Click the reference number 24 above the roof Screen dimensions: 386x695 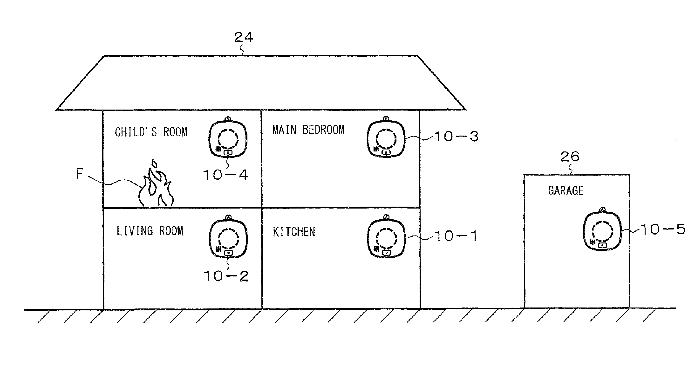243,37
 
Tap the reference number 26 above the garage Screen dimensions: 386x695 570,157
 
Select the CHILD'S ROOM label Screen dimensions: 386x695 151,132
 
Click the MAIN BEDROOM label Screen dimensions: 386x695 308,130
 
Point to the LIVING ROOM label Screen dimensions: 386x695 150,231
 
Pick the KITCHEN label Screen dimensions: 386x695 294,232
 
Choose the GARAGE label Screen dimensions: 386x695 566,191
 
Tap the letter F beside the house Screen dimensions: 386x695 80,174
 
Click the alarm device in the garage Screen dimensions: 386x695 602,231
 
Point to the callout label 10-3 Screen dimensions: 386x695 456,136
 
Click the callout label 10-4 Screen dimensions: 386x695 225,175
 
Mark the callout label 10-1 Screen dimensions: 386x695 456,236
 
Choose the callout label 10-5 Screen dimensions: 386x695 663,229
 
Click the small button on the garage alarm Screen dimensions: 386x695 602,245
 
